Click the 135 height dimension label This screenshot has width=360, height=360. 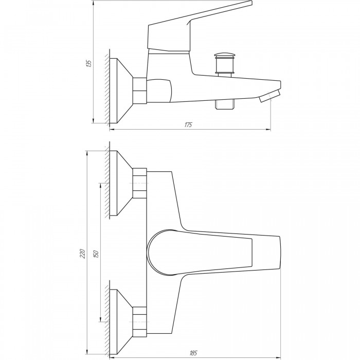click(x=89, y=63)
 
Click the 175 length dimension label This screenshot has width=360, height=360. click(x=188, y=124)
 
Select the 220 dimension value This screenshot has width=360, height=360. click(x=83, y=254)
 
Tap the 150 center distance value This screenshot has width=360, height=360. click(x=96, y=254)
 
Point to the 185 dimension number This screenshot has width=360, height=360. click(x=193, y=353)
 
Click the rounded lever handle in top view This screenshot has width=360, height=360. click(x=200, y=253)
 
